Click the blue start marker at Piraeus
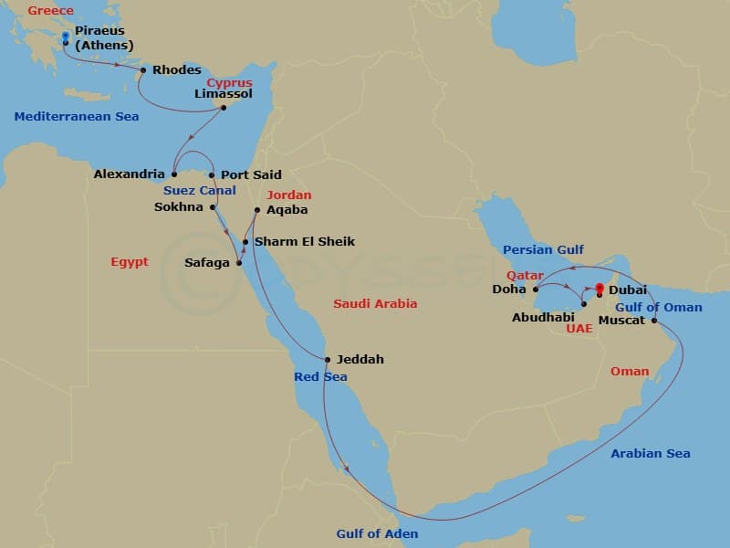tap(66, 37)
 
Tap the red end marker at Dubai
tap(599, 290)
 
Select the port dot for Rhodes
tap(143, 70)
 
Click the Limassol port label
tap(224, 93)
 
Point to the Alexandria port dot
tap(173, 174)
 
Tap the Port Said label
tap(251, 174)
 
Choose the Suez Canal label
tap(199, 191)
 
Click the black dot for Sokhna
tap(214, 207)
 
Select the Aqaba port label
tap(287, 209)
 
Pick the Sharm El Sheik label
tap(304, 241)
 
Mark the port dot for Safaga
tap(239, 264)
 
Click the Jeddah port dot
tap(328, 359)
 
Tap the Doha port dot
tap(536, 290)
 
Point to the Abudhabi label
tap(542, 319)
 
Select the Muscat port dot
tap(654, 321)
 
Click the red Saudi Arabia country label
tap(375, 303)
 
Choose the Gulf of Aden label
tap(377, 534)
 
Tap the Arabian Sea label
tap(651, 453)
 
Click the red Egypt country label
tap(129, 262)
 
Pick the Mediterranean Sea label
tap(77, 116)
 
